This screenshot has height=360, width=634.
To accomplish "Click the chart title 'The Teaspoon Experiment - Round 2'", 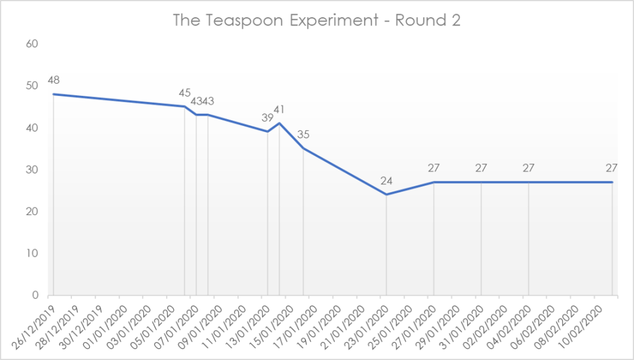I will pos(317,20).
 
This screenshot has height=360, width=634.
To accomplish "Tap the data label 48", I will pos(53,81).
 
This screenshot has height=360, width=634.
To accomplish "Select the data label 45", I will pos(185,93).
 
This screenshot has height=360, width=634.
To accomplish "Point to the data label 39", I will pos(267,118).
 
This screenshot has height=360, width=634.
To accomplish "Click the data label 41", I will pos(280,110).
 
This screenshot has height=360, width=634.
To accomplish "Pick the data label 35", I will pos(303,134).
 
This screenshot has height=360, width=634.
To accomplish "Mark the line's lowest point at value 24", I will pos(387,195).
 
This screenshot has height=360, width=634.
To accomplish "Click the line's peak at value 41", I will pos(280,123).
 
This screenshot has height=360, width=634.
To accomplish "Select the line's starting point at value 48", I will pos(53,94).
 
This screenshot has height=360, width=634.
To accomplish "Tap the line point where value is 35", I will pos(303,149).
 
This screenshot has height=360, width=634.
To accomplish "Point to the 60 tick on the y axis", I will pos(32,44).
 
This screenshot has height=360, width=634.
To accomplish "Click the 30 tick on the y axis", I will pos(32,170).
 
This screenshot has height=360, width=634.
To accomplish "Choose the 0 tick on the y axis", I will pos(35,296).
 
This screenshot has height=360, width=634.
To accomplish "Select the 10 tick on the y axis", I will pos(32,253).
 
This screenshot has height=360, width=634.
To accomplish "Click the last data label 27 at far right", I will pos(612,168).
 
